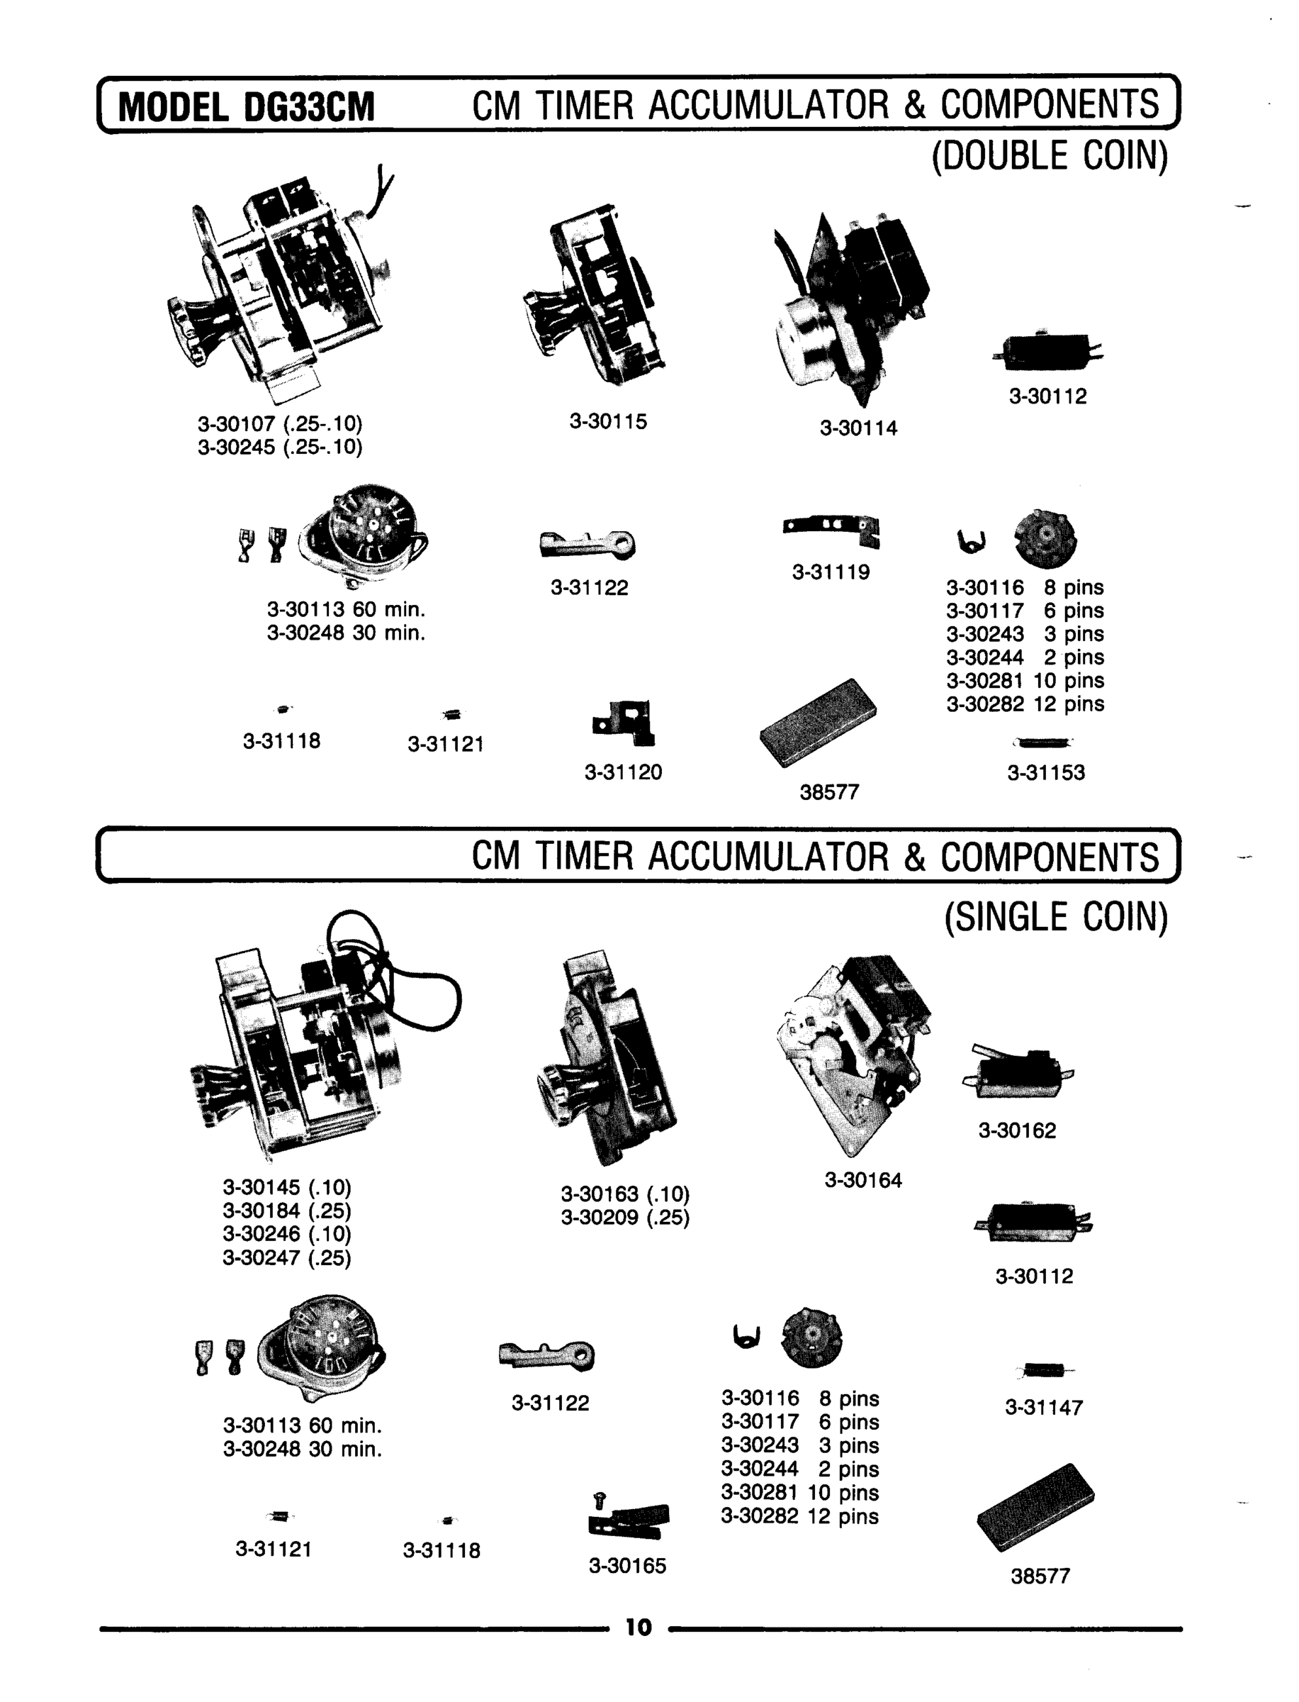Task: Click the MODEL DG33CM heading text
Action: pos(246,107)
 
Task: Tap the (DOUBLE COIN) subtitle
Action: pos(1050,155)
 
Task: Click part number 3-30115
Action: pos(608,422)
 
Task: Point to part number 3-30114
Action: pos(858,428)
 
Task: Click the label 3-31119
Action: pos(831,572)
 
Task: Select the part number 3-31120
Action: pos(623,772)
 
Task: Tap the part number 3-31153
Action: pos(1045,773)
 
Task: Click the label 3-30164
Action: pos(863,1181)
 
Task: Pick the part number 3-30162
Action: pos(1017,1131)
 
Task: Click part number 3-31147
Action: pos(1043,1407)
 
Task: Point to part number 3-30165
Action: pos(627,1566)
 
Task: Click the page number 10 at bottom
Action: pos(639,1628)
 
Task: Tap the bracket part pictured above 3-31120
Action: pos(626,723)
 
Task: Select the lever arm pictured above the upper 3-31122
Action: pos(587,544)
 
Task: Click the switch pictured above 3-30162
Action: pos(1017,1072)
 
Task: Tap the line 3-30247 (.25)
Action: pos(287,1258)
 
